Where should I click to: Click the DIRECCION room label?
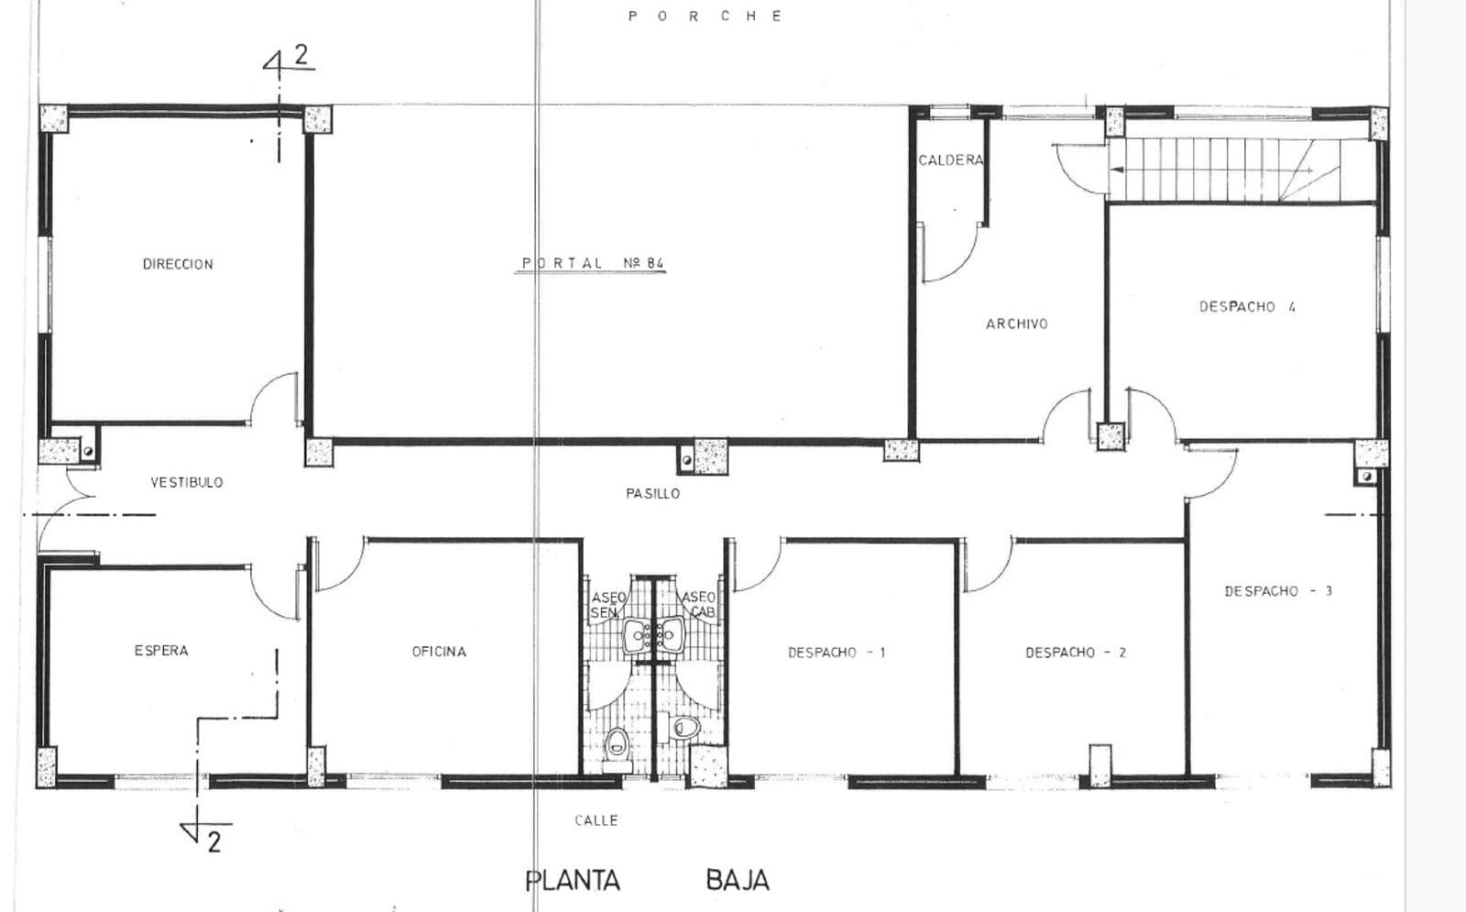(x=178, y=265)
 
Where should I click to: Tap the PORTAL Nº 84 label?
(x=592, y=263)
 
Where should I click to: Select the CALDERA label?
(x=950, y=160)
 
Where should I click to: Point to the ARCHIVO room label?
(x=1016, y=324)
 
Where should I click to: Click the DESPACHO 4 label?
(x=1247, y=307)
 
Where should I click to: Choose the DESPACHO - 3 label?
(x=1278, y=591)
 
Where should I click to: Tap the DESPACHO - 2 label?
(x=1076, y=653)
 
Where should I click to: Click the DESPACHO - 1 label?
(x=837, y=653)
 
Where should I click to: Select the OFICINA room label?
(x=439, y=652)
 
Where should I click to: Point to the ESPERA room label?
(x=161, y=651)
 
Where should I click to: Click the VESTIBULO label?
(x=187, y=482)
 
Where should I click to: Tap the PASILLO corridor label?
(x=652, y=494)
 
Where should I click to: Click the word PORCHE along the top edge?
(x=705, y=16)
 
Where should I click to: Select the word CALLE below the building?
(x=596, y=820)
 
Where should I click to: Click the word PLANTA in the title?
(x=574, y=881)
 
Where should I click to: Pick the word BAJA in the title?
(x=738, y=881)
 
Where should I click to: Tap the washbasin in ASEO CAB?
(x=670, y=633)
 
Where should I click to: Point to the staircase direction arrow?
(x=1210, y=170)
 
